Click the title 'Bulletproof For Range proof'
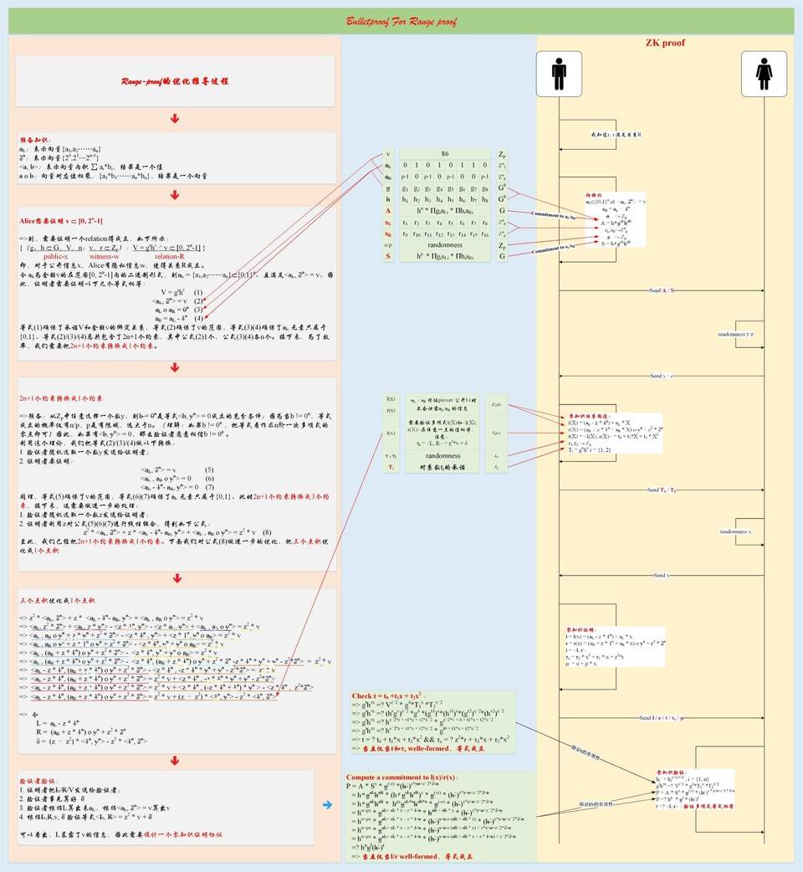tap(401, 21)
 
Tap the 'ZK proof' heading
tap(665, 42)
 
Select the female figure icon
tap(764, 74)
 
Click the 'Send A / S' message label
tap(662, 290)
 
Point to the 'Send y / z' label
tap(662, 376)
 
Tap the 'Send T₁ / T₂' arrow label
tap(662, 490)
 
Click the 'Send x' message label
tap(661, 575)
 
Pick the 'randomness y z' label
tap(737, 333)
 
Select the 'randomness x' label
tap(736, 531)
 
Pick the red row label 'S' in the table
tap(388, 256)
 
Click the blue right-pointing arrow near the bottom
tap(327, 805)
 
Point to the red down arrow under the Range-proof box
tap(175, 119)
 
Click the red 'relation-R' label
tap(170, 255)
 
